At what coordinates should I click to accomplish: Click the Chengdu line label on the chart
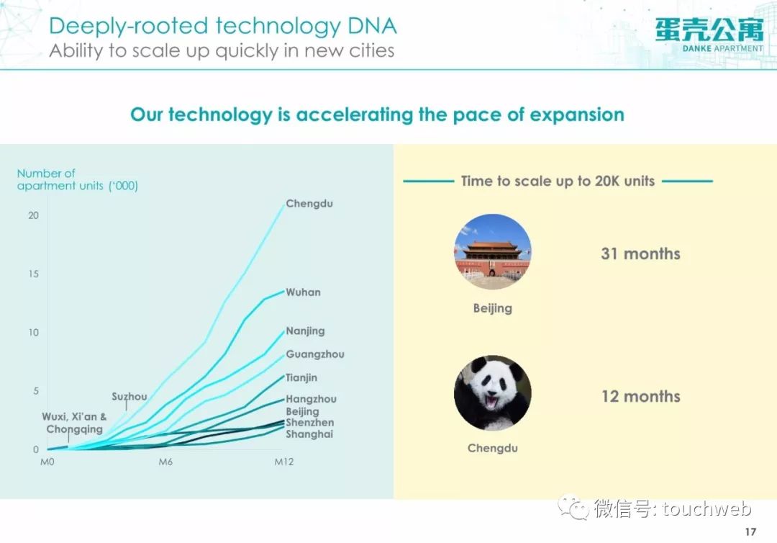tap(309, 204)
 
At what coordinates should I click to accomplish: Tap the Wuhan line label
tap(304, 292)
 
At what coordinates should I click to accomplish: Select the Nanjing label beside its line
tap(305, 331)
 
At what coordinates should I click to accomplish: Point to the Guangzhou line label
tap(315, 354)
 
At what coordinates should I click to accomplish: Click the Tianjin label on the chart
tap(301, 378)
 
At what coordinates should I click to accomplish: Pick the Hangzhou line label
tap(312, 399)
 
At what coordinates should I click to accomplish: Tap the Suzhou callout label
tap(129, 397)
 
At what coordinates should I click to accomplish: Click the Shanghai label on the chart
tap(309, 434)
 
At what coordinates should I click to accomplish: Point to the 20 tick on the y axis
tap(33, 216)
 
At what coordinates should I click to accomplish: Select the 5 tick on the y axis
tap(36, 391)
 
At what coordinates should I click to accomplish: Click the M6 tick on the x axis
tap(165, 462)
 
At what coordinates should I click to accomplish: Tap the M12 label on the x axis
tap(284, 462)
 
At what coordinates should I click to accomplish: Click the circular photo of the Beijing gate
tap(493, 252)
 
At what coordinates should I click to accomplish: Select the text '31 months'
tap(641, 254)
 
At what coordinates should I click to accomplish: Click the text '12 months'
tap(641, 397)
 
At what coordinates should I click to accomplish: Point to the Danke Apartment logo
tap(709, 35)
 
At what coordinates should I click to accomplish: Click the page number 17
tap(750, 532)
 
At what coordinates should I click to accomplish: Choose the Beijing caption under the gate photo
tap(493, 308)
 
